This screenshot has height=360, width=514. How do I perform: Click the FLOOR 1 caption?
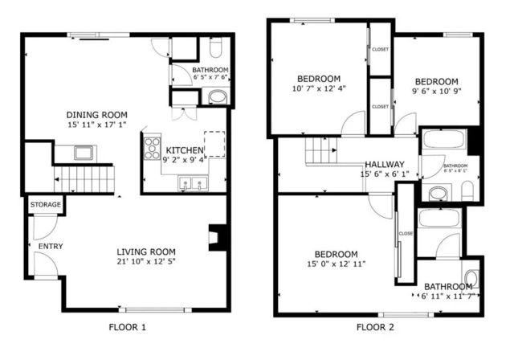[x=127, y=327]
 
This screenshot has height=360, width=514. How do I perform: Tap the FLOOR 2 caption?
[x=375, y=327]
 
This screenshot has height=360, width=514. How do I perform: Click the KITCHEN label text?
[x=184, y=149]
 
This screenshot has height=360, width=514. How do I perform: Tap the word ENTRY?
[x=50, y=246]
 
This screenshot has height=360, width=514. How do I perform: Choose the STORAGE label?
[x=46, y=205]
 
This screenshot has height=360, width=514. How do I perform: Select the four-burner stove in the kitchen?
[x=152, y=149]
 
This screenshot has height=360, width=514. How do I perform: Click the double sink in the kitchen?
[x=192, y=185]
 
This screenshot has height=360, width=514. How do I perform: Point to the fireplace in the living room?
[x=218, y=238]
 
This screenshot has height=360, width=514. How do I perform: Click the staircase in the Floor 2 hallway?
[x=318, y=149]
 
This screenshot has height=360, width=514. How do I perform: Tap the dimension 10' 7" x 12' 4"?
[x=319, y=89]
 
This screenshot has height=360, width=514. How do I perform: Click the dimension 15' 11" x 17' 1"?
[x=97, y=126]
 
